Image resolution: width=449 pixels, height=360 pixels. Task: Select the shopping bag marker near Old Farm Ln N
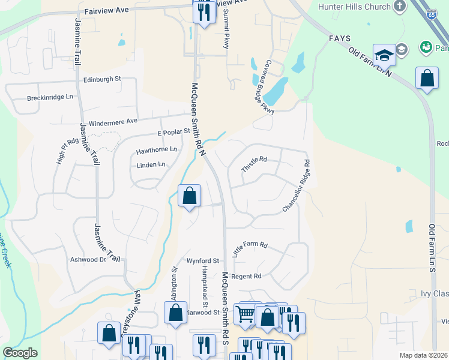[427, 79]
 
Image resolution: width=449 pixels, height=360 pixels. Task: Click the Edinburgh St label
[102, 79]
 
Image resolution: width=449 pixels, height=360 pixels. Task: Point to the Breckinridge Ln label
[50, 97]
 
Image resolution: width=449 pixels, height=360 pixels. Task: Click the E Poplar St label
[173, 132]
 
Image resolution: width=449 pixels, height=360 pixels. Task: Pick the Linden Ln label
[151, 165]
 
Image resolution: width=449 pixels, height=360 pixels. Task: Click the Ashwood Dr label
[88, 259]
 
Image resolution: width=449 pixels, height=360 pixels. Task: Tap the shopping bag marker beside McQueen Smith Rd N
[189, 196]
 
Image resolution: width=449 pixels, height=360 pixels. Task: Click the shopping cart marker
[245, 313]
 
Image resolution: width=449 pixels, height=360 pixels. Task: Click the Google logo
[20, 353]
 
